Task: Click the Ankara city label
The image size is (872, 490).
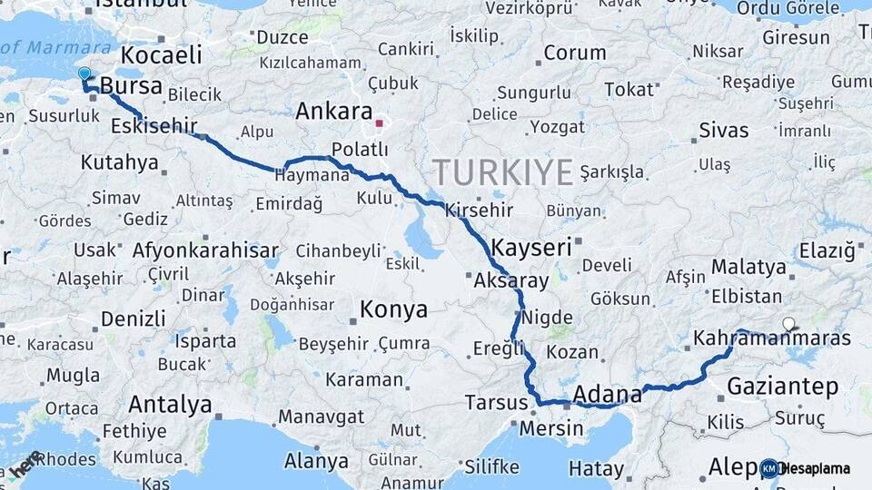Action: (333, 112)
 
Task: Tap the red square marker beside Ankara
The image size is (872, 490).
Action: (380, 122)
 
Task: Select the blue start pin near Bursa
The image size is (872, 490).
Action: (84, 73)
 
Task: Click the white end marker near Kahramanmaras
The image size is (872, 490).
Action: (788, 323)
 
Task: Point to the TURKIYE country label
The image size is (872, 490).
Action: (502, 171)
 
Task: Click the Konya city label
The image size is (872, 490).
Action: (393, 309)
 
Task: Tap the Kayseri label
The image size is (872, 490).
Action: (531, 247)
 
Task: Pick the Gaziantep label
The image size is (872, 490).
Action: (782, 387)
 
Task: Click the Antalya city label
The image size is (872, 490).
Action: (170, 404)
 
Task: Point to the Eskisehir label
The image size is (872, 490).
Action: (154, 126)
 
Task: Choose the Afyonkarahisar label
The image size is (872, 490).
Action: (205, 250)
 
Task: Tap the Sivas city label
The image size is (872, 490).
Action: (724, 131)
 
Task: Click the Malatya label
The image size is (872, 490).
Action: (748, 267)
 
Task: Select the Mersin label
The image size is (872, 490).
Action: (551, 427)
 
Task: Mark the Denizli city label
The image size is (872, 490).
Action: (133, 318)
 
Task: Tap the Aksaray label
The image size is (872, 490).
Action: (511, 280)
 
